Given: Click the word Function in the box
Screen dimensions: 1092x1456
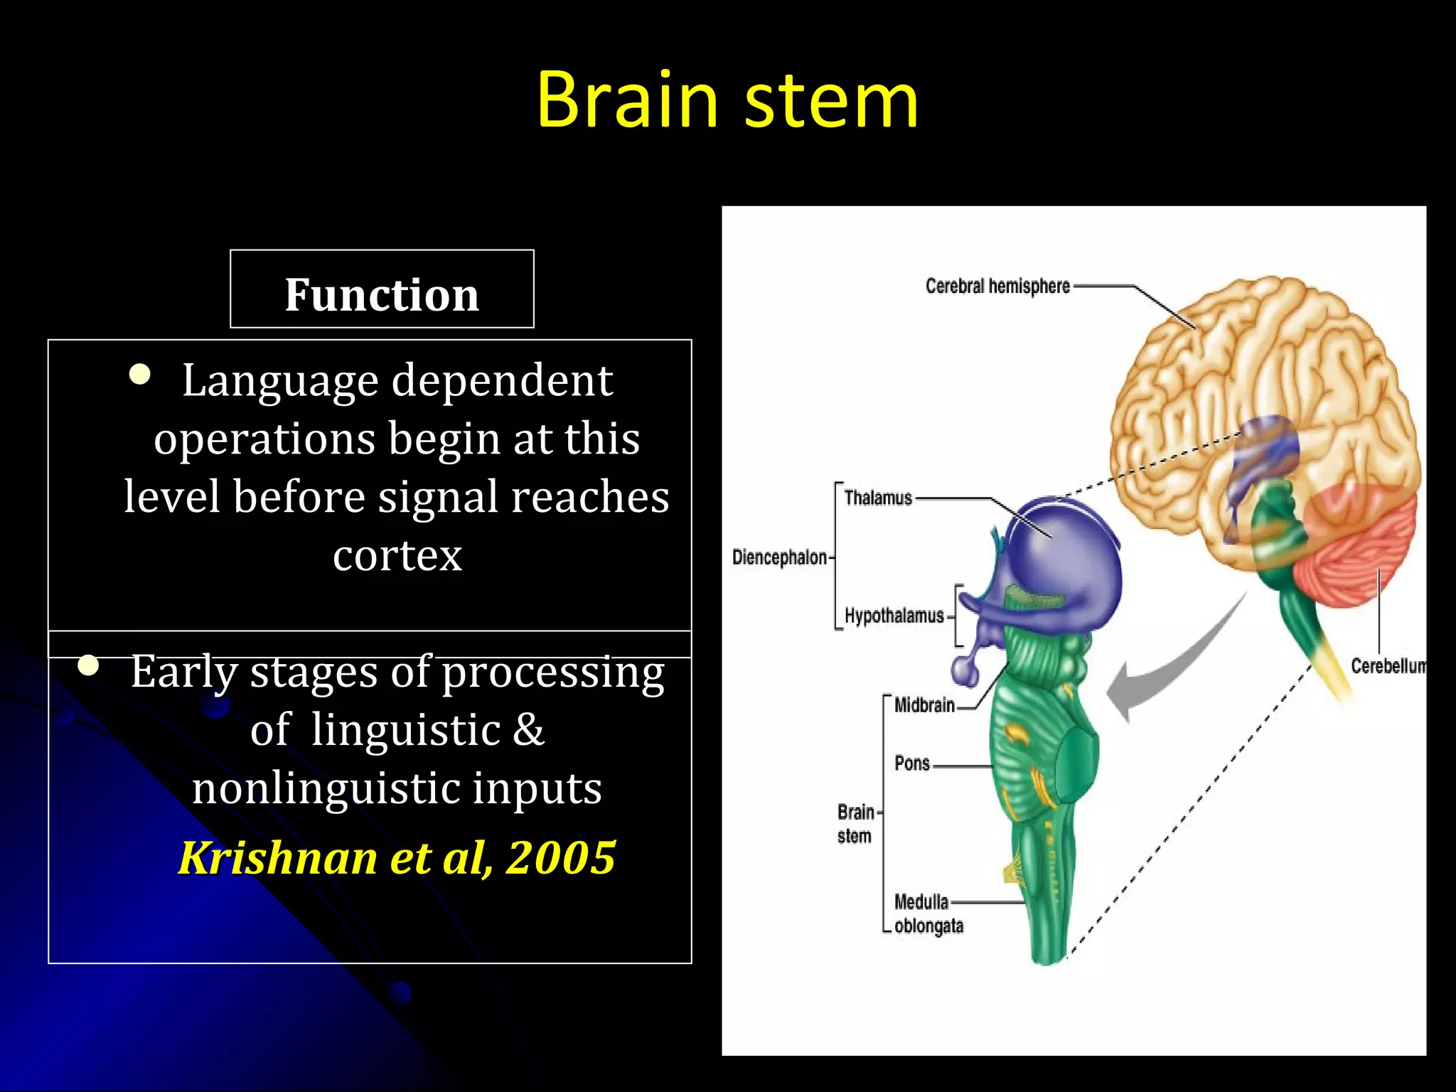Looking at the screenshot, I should pos(382,294).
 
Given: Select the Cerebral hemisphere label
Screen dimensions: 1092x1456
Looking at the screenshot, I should pos(997,286).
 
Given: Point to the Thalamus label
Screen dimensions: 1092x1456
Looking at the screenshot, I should pos(877,498).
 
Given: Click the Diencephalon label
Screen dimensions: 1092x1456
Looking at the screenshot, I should pos(779,557).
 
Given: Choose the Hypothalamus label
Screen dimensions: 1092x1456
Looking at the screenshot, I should pos(894,616).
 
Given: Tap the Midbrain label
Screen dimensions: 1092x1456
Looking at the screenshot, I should pos(924,705).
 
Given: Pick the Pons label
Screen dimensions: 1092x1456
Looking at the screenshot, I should pos(912,764).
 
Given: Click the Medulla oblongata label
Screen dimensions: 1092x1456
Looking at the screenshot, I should pos(927,914).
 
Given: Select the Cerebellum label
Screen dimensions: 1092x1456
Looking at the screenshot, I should pos(1387,666).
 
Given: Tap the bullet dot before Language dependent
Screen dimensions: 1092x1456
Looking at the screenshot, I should pos(140,375).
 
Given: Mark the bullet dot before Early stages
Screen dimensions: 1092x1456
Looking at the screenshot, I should pos(88,665).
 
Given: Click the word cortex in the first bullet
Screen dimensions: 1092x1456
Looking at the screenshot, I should pos(397,555).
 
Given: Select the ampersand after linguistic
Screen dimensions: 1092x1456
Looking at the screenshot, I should pos(528,729).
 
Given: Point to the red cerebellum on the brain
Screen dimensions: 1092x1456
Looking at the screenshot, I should pos(1351,555).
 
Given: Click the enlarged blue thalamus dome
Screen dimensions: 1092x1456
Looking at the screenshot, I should pos(1066,555).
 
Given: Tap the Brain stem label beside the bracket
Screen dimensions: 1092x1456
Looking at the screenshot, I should pos(855,823).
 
